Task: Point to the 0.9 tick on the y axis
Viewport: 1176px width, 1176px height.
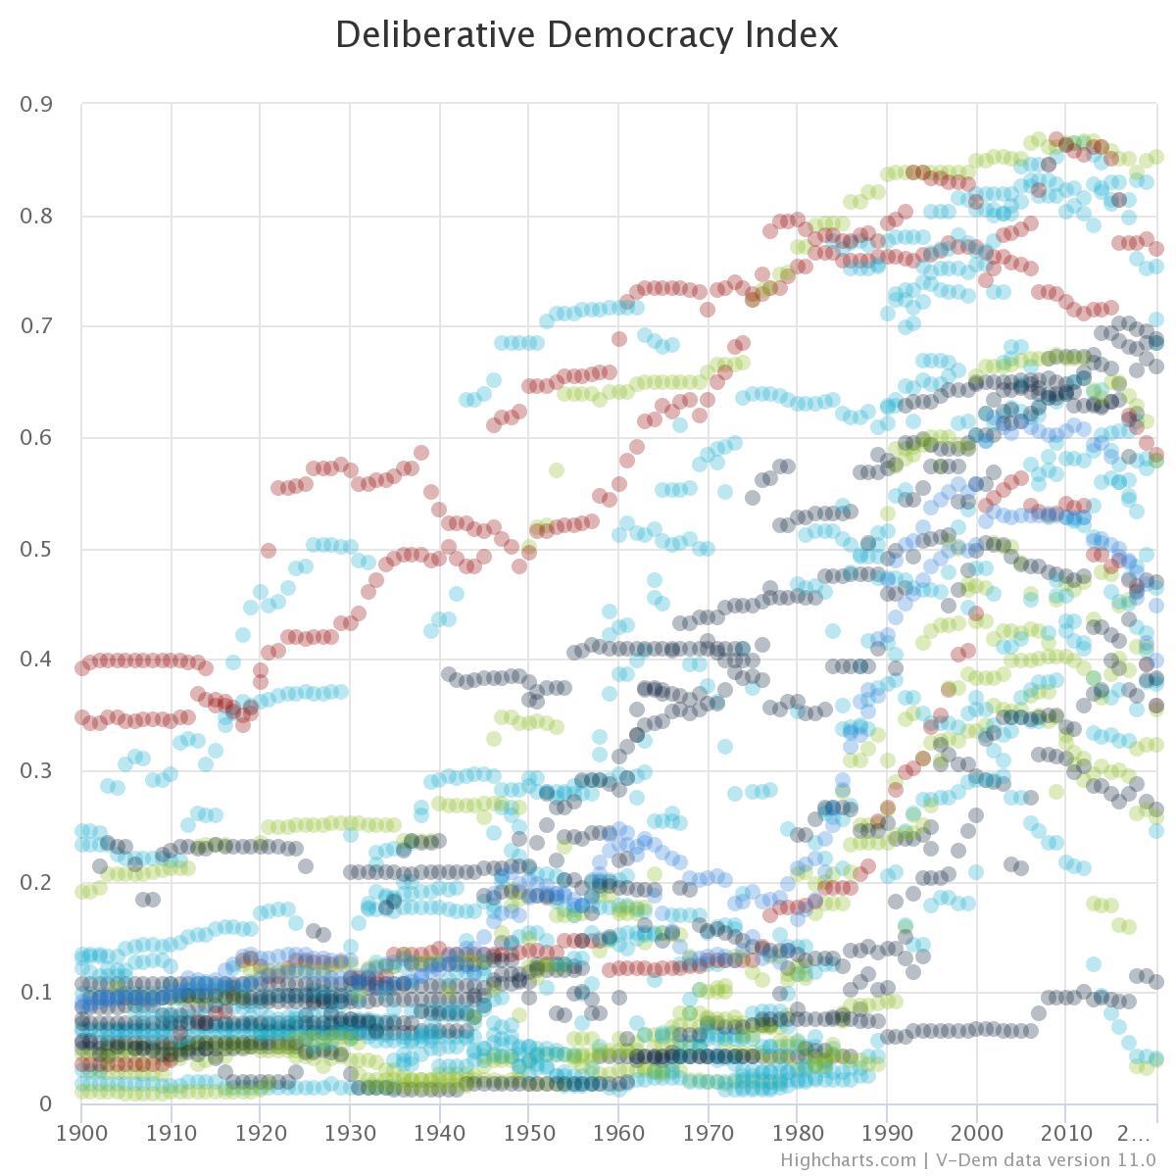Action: coord(36,104)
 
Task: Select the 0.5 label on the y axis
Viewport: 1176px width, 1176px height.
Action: coord(36,549)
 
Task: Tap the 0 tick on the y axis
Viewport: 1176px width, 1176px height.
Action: coord(45,1104)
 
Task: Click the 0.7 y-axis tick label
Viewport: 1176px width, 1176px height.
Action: coord(36,326)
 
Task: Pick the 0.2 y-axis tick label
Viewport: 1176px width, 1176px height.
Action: coord(36,882)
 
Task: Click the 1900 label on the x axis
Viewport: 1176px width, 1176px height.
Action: coord(81,1134)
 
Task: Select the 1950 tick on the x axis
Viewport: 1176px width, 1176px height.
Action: coord(529,1134)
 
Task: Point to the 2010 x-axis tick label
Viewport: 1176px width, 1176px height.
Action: coord(1066,1134)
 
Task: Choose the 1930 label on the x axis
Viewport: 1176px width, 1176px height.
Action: coord(350,1134)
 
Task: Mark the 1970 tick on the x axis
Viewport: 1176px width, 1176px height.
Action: coord(708,1134)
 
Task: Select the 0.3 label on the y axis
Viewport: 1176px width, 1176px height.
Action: coord(36,771)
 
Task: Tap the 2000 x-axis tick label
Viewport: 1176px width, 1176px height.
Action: coord(977,1134)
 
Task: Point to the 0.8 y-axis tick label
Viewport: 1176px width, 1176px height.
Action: coord(36,216)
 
